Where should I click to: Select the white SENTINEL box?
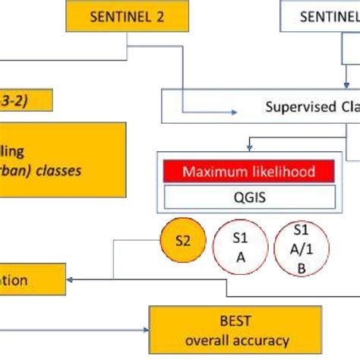320,17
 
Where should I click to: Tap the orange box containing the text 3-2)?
27,99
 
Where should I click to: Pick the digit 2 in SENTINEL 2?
161,17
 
